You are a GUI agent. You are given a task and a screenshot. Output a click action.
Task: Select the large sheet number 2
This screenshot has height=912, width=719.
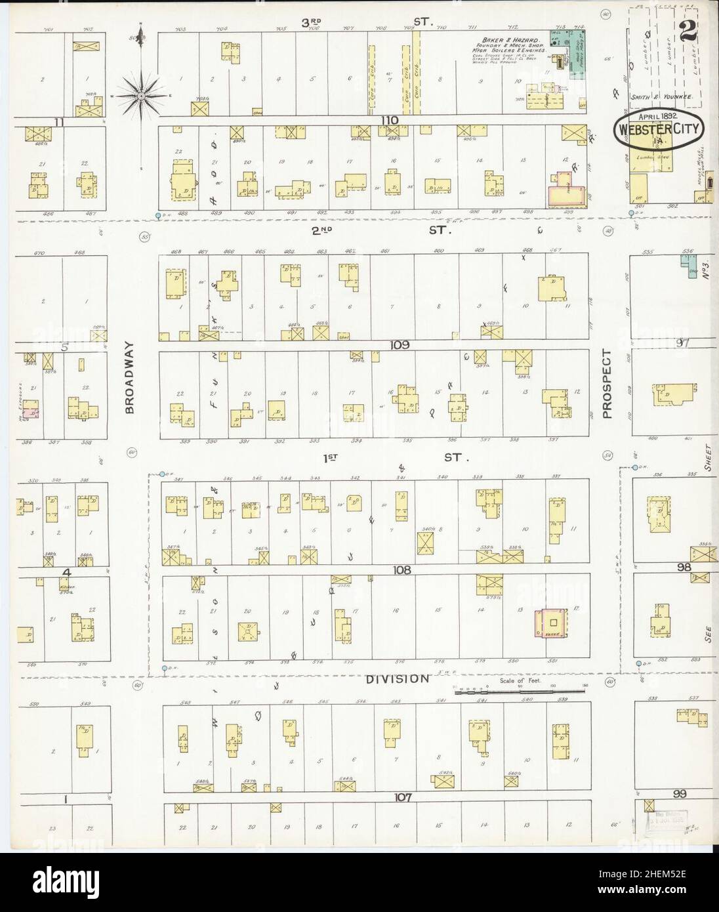689,30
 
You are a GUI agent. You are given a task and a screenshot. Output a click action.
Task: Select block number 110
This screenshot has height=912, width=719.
391,120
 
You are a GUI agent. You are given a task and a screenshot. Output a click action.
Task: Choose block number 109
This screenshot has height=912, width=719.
399,344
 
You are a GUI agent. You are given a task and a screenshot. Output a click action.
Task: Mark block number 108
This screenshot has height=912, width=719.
401,570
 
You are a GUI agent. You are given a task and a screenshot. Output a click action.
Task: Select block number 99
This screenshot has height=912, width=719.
680,795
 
